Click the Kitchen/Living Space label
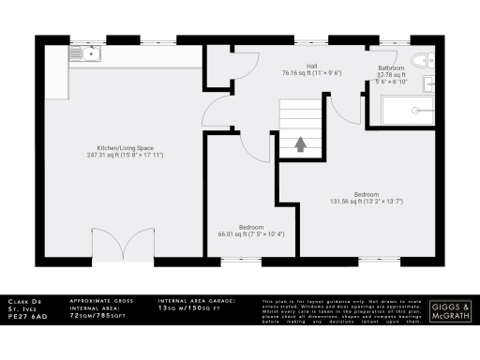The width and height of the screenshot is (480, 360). pos(124,148)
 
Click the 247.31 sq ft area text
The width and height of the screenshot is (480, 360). pos(124,156)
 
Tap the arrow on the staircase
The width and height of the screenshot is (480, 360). pos(300,144)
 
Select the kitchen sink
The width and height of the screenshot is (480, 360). pos(88,55)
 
